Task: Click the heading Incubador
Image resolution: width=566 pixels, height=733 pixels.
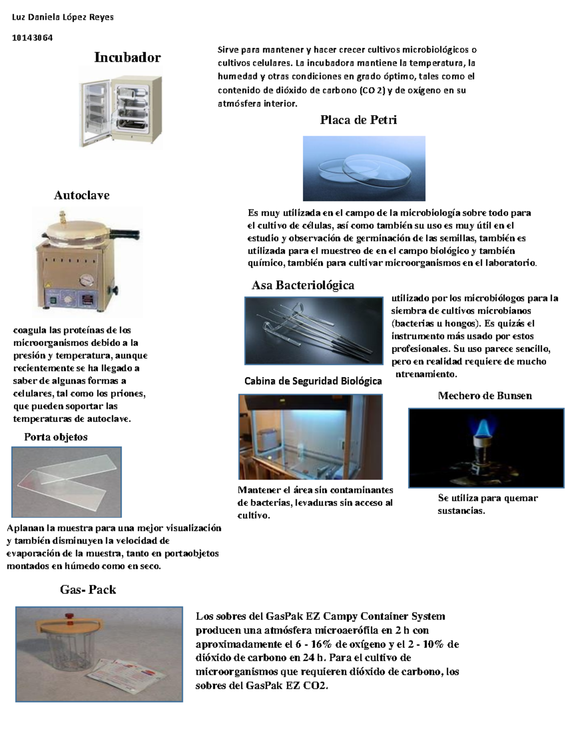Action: pyautogui.click(x=127, y=58)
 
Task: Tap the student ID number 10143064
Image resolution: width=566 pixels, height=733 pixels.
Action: pyautogui.click(x=32, y=38)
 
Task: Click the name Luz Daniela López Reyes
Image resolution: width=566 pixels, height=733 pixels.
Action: pyautogui.click(x=62, y=17)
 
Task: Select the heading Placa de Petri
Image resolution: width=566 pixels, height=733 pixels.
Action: pyautogui.click(x=358, y=120)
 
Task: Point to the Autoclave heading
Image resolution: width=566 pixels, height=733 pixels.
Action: pyautogui.click(x=82, y=195)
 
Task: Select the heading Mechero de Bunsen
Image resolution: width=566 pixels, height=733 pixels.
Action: pyautogui.click(x=484, y=396)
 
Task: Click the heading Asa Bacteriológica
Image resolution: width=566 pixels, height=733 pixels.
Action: pyautogui.click(x=303, y=285)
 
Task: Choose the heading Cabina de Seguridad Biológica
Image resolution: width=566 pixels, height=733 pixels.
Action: pyautogui.click(x=313, y=381)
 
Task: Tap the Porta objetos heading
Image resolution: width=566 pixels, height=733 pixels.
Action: pyautogui.click(x=56, y=437)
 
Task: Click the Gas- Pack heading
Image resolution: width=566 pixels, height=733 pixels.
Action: pyautogui.click(x=88, y=590)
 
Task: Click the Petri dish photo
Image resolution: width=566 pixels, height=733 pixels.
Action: pyautogui.click(x=364, y=169)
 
